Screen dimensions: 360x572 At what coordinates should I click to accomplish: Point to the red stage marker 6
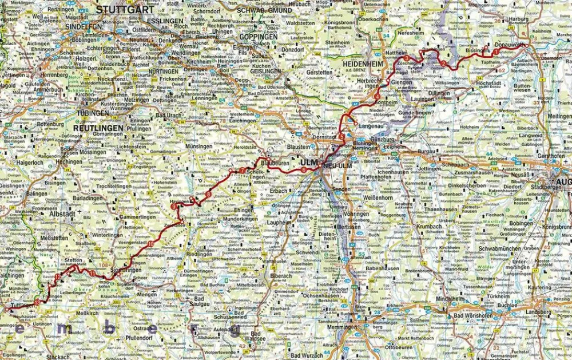[303, 169]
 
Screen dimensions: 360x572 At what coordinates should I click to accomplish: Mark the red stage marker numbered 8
[208, 195]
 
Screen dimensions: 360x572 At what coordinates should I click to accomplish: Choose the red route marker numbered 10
[150, 244]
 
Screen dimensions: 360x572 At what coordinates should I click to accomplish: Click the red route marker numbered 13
[38, 302]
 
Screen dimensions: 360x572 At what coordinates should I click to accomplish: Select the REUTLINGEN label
[98, 127]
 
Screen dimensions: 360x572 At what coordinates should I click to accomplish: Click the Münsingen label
[198, 146]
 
